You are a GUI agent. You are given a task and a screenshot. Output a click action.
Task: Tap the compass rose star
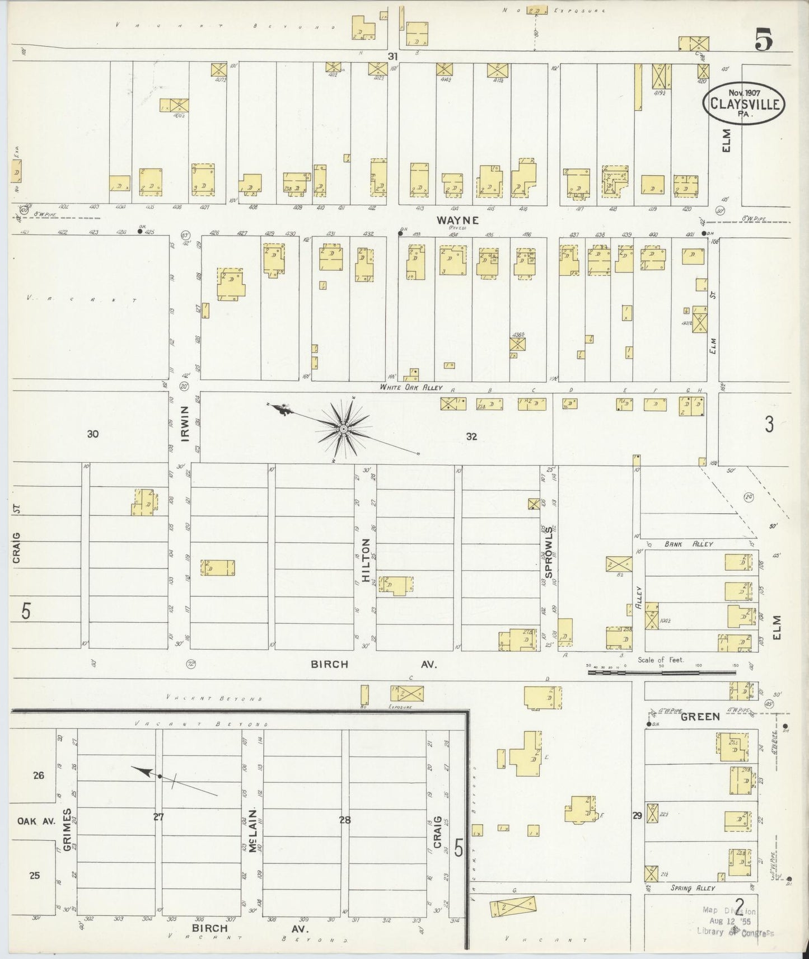342,429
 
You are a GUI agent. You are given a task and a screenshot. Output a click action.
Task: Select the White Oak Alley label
410,387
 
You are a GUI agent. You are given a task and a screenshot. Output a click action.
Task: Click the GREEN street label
700,716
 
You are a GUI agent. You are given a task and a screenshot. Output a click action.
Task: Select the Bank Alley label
688,544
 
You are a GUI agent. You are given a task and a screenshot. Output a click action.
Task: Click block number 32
471,436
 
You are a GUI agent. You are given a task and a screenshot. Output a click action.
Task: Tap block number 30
93,433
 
